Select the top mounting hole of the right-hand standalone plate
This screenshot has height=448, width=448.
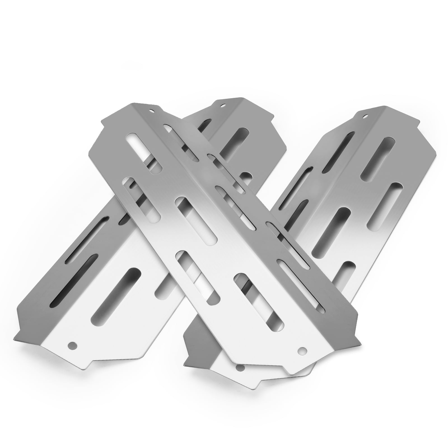(365, 115)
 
